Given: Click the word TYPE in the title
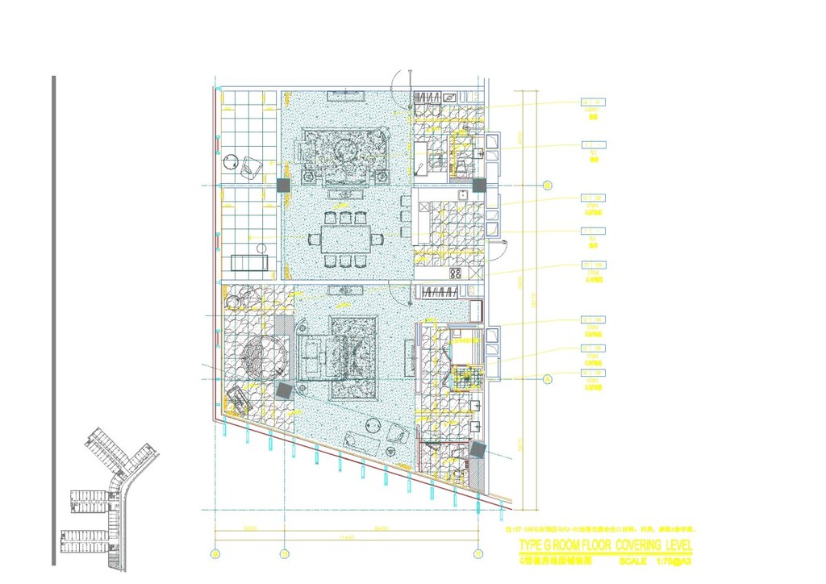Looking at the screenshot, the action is (x=532, y=545).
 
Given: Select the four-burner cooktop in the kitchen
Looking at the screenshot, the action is (x=456, y=273).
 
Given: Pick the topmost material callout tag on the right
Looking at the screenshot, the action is (x=593, y=102).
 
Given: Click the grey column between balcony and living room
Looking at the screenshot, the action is (x=283, y=186).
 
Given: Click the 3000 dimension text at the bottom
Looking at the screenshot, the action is (x=249, y=529).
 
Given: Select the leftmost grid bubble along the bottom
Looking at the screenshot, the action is (x=215, y=553).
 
